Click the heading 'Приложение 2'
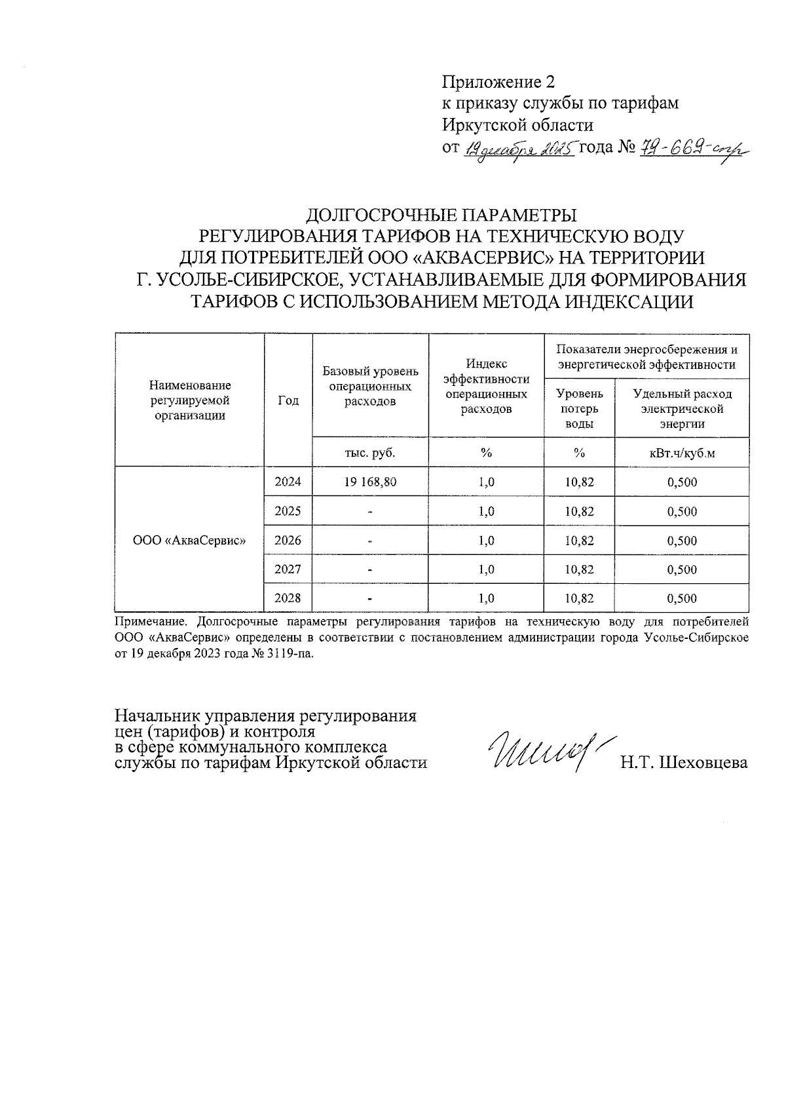pos(498,82)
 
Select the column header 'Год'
pos(288,400)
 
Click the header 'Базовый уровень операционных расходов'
pos(370,386)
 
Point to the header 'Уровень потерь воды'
pos(579,408)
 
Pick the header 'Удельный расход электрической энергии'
pos(682,408)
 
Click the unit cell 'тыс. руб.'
pos(370,453)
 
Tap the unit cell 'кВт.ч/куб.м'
pos(682,453)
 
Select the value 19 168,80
pos(370,482)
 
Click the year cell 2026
pos(288,540)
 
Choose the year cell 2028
pos(288,598)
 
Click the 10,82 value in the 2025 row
pos(579,511)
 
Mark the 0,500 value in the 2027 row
pos(682,569)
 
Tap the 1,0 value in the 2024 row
pos(486,482)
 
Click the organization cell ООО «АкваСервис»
pos(189,541)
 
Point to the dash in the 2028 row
pos(370,598)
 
